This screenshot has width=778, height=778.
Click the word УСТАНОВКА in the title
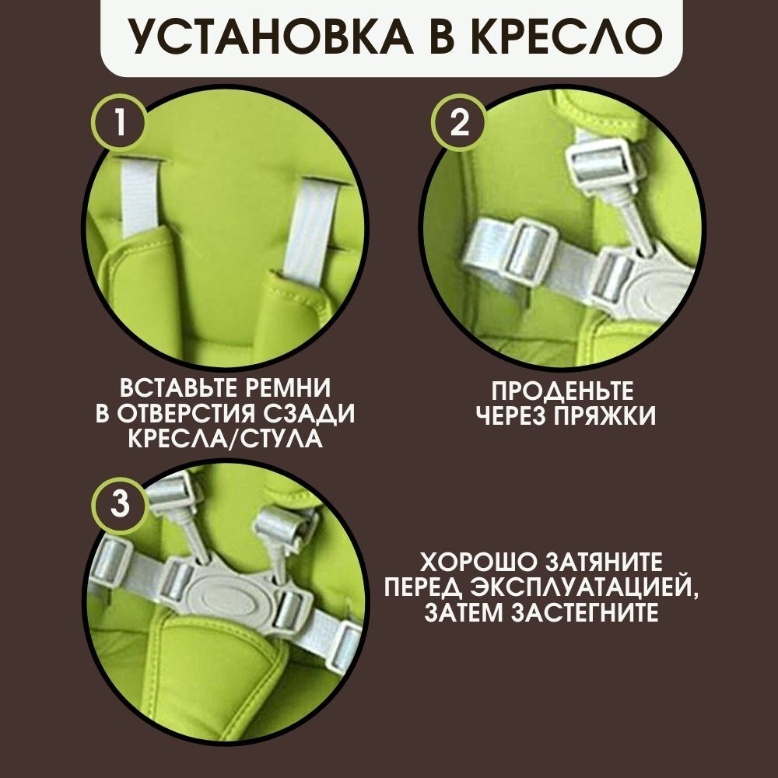270,37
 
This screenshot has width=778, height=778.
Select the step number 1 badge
120,121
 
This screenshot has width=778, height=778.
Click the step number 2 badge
460,121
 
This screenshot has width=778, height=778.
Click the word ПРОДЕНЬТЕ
562,391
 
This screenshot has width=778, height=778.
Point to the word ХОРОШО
478,562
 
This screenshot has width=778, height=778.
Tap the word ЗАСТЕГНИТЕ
584,613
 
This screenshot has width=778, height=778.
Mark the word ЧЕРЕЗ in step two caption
511,416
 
